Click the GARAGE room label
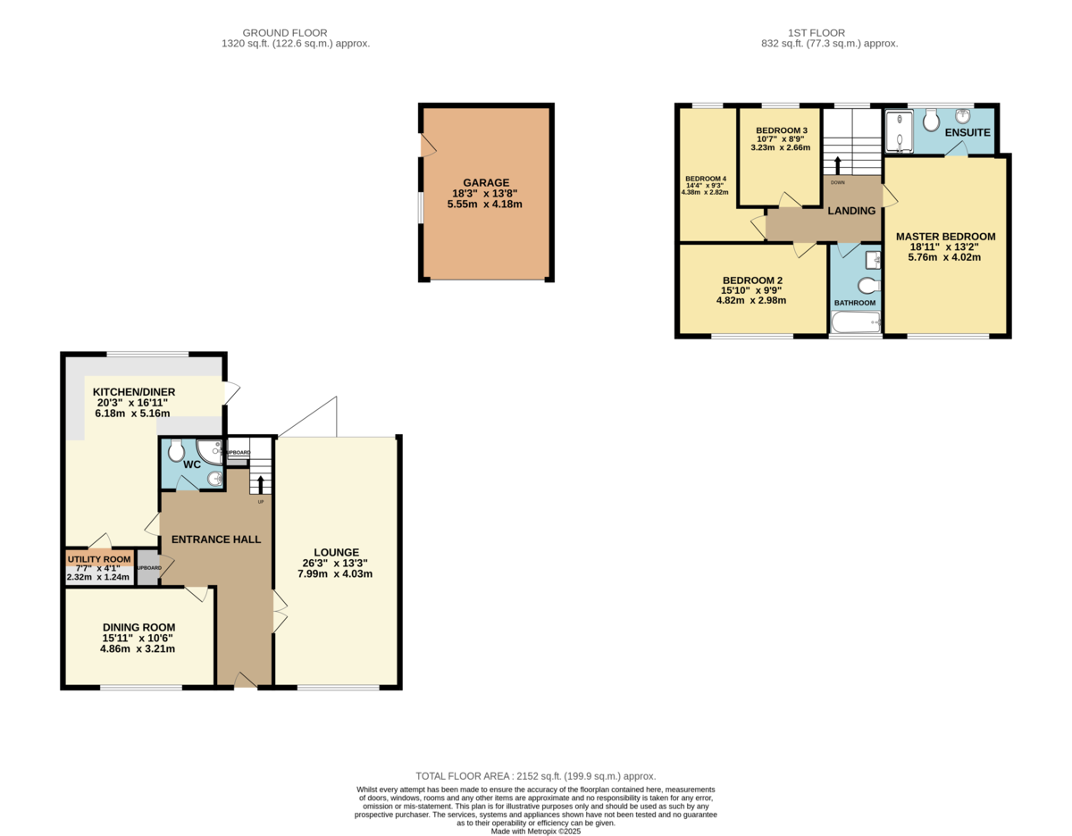(486, 182)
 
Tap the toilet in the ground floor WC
(176, 450)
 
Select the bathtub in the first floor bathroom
(856, 322)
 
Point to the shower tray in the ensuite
(900, 131)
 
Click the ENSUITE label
(967, 133)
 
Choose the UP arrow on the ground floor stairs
(261, 485)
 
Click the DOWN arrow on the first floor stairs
(837, 166)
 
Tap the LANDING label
(851, 211)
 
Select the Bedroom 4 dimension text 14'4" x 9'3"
(705, 186)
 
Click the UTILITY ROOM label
(99, 559)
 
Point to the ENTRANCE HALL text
(216, 539)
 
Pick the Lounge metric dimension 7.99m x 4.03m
(335, 573)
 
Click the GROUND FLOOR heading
(285, 33)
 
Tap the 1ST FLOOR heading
(817, 33)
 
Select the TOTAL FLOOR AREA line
(536, 776)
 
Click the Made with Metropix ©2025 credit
(536, 831)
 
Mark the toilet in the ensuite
(931, 120)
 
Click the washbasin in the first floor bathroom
(873, 260)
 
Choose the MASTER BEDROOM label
(945, 237)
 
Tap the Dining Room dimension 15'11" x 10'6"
(138, 638)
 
